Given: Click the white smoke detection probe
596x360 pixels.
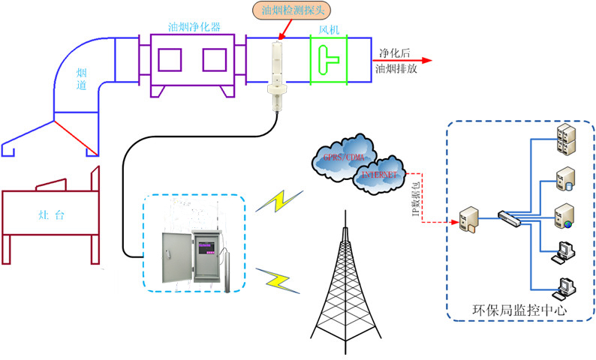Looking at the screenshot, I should [x=275, y=75].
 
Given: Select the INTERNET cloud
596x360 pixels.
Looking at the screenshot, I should [x=381, y=175].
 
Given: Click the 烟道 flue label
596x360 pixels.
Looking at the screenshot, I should [x=82, y=79].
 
